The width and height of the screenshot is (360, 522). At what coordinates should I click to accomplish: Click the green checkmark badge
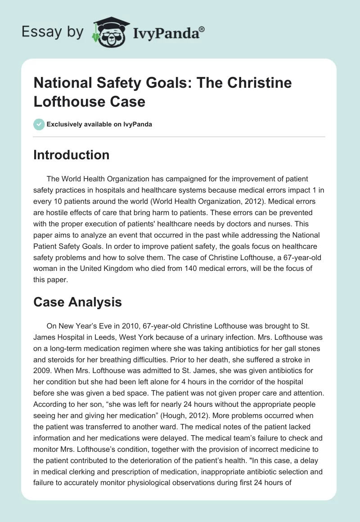coord(39,124)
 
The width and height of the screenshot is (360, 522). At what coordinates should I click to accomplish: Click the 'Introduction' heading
coord(72,155)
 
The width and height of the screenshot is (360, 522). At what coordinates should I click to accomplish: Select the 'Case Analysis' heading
coord(77,302)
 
